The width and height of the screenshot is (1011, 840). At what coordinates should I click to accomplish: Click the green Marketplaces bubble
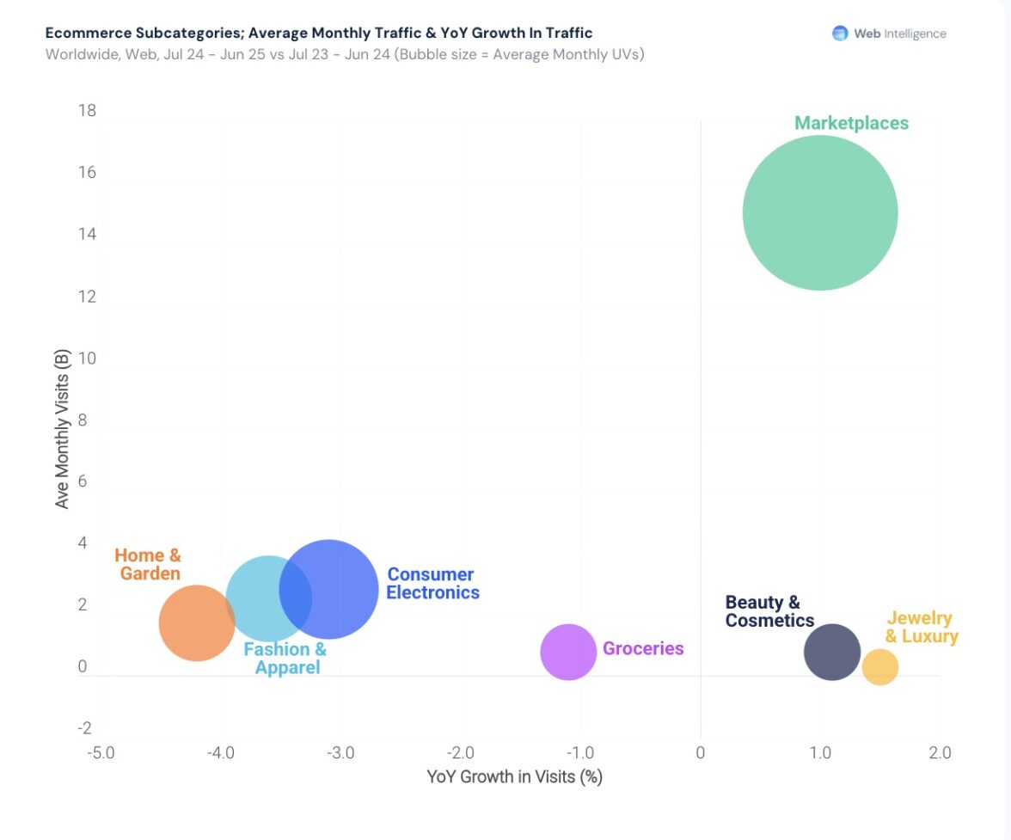820,213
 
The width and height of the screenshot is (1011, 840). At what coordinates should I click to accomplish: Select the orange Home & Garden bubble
196,622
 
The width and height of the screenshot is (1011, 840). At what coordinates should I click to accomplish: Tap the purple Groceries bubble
568,652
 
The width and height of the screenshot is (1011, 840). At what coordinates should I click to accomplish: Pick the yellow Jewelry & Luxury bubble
879,667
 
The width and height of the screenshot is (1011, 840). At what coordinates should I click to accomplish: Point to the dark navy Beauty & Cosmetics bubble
832,652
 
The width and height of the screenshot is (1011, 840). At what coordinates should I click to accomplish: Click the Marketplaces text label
851,123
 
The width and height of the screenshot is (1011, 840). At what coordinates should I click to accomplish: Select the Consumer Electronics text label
432,583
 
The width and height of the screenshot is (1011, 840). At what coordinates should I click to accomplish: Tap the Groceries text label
643,648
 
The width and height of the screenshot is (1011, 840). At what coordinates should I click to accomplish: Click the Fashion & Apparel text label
285,659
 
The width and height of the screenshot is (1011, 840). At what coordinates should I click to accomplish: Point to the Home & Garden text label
149,565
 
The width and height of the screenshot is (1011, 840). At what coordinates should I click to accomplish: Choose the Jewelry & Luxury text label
921,628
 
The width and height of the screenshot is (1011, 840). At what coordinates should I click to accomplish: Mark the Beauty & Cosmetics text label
769,611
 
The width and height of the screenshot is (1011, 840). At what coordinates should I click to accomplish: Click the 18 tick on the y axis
86,111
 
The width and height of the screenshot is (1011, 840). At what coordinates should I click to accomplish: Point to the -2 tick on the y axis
84,728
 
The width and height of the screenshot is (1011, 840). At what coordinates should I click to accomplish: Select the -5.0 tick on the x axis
101,753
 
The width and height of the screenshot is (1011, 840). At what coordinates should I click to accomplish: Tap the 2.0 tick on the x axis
940,753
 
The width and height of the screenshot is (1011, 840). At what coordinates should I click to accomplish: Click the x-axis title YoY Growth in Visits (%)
514,777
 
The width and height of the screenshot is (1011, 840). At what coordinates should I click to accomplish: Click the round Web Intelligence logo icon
840,34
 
